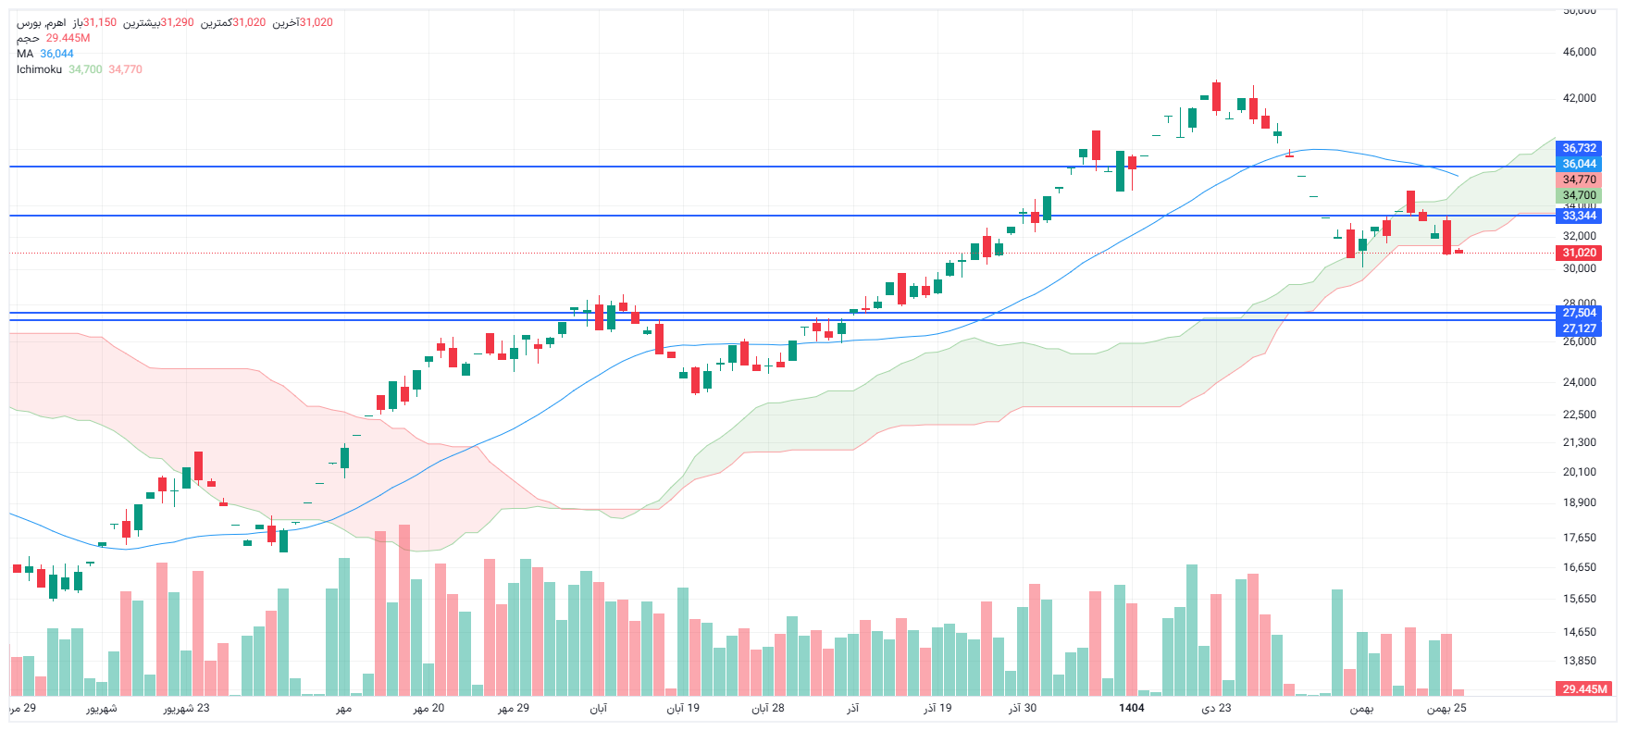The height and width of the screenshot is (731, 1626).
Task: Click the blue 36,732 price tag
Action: (x=1579, y=148)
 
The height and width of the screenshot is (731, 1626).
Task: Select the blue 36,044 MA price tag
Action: (x=1579, y=164)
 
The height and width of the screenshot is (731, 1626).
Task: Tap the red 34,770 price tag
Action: (x=1579, y=180)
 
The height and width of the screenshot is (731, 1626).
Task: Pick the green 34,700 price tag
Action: (x=1579, y=195)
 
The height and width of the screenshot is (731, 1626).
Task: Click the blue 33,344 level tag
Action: (x=1579, y=216)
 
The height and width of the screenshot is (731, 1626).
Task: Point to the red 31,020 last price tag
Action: (x=1579, y=253)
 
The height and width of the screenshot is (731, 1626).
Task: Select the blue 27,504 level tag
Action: (x=1579, y=313)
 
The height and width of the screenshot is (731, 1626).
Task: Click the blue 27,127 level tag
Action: (x=1579, y=328)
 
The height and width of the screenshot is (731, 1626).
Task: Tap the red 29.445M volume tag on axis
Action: (x=1584, y=689)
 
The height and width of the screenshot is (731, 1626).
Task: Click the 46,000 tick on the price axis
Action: (x=1579, y=52)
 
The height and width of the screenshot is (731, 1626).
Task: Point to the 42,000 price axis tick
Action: (x=1579, y=98)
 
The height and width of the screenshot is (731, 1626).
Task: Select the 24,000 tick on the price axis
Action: (x=1579, y=382)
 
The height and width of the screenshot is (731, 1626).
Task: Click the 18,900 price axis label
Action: (x=1579, y=502)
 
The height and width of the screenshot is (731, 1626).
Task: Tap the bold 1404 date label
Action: (x=1131, y=708)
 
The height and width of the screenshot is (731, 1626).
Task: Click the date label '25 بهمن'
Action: (x=1446, y=708)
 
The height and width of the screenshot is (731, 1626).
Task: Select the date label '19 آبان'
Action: (x=683, y=708)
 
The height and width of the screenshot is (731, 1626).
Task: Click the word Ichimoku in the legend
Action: (x=39, y=69)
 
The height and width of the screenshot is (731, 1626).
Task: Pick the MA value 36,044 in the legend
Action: (x=56, y=54)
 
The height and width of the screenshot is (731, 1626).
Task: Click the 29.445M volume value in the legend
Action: (x=68, y=38)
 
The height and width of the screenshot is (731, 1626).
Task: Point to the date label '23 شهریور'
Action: (x=186, y=708)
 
